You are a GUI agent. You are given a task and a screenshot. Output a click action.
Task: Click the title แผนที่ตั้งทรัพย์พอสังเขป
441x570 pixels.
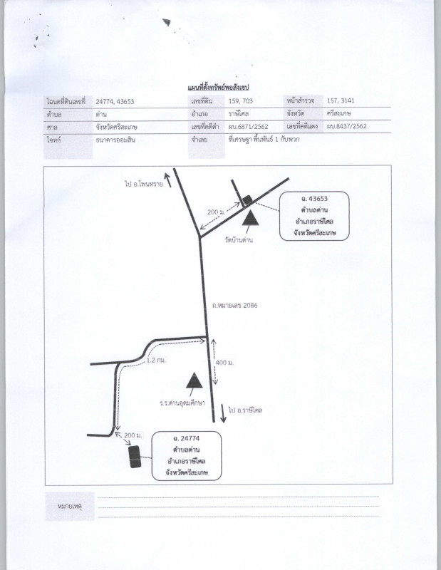218,87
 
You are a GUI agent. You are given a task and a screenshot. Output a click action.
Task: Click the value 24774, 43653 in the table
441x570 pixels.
115,101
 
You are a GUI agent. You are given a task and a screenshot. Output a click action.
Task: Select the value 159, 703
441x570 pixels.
240,101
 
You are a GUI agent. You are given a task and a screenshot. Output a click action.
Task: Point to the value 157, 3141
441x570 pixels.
341,100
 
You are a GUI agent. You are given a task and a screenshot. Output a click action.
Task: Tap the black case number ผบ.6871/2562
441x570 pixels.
249,127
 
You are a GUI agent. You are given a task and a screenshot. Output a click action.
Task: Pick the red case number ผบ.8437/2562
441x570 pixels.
346,126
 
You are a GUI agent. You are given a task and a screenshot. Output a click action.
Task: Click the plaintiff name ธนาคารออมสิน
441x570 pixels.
115,140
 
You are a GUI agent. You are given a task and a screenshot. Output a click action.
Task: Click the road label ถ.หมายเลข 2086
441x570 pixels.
235,306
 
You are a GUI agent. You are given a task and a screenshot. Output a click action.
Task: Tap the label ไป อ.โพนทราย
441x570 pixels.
144,184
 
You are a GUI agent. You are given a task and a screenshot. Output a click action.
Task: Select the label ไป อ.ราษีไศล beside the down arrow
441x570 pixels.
245,410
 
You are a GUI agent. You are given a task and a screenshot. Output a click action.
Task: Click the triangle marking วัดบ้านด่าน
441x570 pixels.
250,218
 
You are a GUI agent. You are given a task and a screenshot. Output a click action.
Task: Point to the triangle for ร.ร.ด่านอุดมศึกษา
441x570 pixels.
194,380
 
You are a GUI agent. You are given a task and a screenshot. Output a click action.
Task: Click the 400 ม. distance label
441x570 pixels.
224,363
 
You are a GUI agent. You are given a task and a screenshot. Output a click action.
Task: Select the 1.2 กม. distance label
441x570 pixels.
156,361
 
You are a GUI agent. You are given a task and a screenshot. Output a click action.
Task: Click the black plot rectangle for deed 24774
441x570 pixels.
135,457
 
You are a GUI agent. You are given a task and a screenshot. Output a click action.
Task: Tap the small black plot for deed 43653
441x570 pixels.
247,199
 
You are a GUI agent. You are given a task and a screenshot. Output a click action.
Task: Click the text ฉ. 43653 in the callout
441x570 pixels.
314,199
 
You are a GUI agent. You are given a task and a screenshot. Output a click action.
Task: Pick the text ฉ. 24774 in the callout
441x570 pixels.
186,438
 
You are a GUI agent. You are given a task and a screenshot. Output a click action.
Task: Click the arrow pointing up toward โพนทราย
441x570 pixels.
167,180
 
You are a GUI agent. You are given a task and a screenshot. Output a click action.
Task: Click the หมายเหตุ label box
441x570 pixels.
69,507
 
